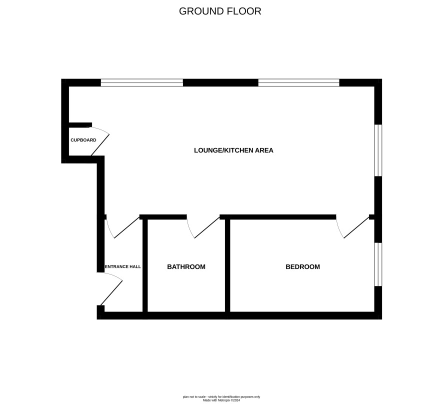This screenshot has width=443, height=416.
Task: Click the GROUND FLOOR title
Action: point(220,11)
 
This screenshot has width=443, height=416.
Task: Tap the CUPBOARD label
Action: point(83,140)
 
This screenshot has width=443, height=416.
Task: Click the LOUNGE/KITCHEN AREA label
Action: point(233,150)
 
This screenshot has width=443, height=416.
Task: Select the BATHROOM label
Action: point(186,267)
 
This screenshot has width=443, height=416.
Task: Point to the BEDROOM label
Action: point(302,267)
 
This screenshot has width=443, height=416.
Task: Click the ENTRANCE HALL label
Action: point(123,266)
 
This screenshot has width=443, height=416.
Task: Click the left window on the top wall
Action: point(142,82)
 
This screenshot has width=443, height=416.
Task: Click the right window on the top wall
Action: point(298,82)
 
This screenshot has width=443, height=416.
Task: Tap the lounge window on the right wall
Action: point(378,150)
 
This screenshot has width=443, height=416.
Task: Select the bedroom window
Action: point(378,264)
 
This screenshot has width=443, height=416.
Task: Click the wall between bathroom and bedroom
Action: point(227,265)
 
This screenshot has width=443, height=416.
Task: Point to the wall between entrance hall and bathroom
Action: point(145,265)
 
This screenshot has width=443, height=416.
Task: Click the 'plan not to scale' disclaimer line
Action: point(221,397)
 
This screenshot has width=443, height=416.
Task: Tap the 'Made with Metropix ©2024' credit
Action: point(221,400)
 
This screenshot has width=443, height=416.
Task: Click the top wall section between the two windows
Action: point(220,82)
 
